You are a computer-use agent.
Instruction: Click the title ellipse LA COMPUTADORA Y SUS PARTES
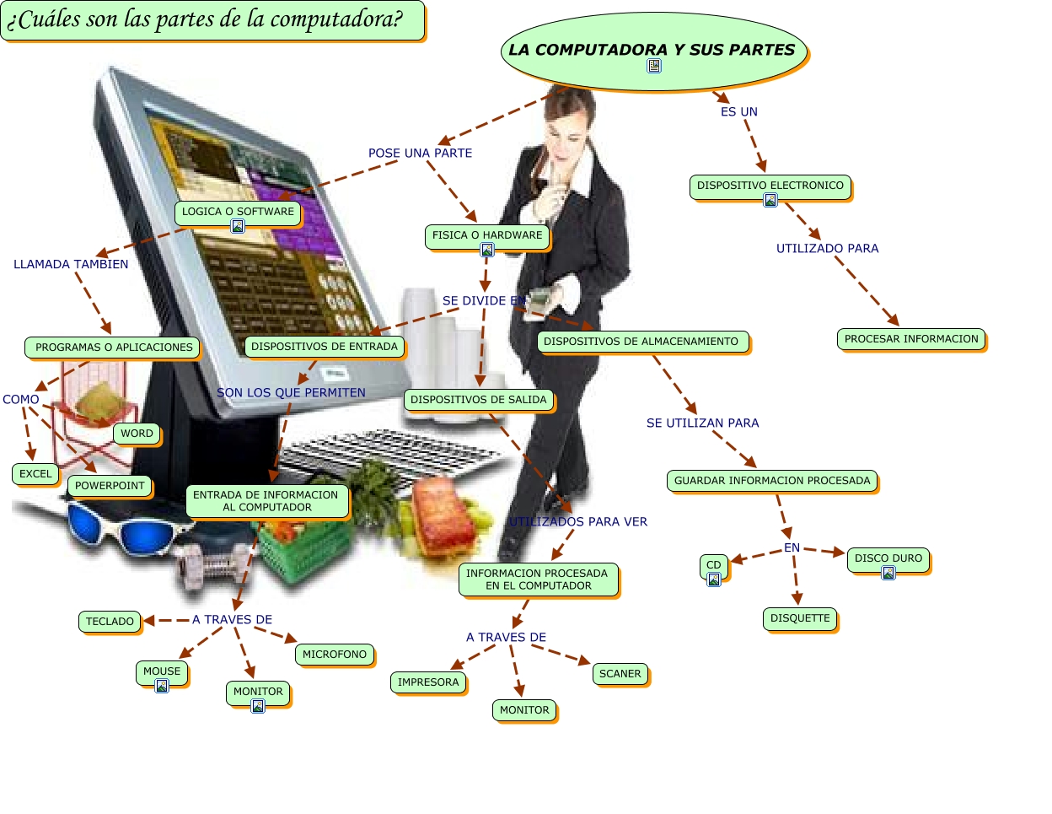tap(653, 51)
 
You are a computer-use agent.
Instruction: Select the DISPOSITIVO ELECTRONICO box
tap(770, 186)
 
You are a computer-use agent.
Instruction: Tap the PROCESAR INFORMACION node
tap(911, 339)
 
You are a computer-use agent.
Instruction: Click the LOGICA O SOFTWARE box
tap(238, 213)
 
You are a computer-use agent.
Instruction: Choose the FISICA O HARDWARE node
tap(487, 236)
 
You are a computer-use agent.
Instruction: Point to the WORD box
tap(137, 434)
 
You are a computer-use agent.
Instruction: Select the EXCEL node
tap(35, 474)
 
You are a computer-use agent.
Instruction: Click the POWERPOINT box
tap(110, 486)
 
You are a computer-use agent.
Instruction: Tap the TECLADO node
tap(110, 622)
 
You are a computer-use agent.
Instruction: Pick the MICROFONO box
tap(335, 655)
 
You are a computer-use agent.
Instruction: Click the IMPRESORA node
tap(428, 682)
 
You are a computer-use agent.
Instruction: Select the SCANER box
tap(620, 674)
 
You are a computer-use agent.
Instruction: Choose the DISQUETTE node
tap(800, 618)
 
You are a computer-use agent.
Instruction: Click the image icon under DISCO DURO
tap(888, 574)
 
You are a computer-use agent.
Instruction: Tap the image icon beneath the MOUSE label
tap(162, 686)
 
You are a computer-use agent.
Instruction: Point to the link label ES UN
tap(738, 112)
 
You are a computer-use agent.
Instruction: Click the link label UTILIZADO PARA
tap(827, 249)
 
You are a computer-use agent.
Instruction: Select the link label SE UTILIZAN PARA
tap(702, 423)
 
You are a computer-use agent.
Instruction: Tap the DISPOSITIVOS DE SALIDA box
tap(479, 400)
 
